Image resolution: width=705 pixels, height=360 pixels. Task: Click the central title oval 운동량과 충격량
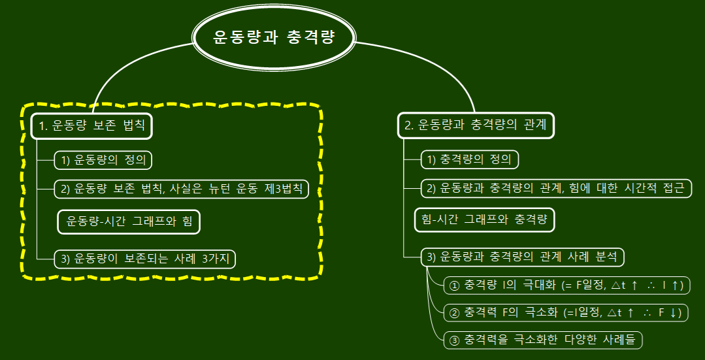(274, 37)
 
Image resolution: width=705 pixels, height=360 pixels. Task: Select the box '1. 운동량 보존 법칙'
(91, 125)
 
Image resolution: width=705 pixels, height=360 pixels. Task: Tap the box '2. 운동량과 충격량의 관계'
(475, 125)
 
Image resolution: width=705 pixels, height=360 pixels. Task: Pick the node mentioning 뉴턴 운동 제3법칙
(181, 189)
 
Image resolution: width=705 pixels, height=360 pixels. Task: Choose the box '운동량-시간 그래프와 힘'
(129, 221)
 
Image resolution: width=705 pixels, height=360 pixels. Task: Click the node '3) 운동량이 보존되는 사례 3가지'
(144, 259)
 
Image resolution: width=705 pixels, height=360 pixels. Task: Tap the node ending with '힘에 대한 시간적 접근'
(556, 189)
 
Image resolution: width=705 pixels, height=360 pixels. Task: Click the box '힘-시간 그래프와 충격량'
(484, 220)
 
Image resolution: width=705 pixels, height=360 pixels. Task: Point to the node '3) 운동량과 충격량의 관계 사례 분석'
(522, 257)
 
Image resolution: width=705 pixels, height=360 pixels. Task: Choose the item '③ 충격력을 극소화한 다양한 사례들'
(542, 340)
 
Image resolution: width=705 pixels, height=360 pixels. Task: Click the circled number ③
(455, 340)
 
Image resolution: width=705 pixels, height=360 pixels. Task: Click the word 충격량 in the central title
(310, 37)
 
